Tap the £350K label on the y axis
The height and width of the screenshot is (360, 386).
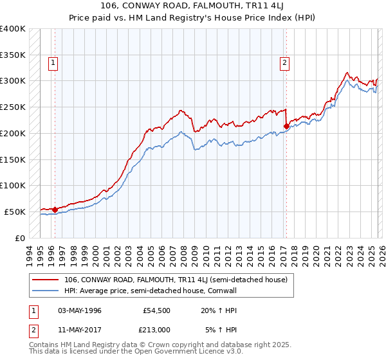tap(13, 55)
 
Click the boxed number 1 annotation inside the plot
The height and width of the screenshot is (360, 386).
tap(52, 63)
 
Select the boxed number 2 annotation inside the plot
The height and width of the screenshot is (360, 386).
tap(284, 63)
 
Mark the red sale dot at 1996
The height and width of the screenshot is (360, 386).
tap(55, 209)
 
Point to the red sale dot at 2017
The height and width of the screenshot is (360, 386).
tap(286, 127)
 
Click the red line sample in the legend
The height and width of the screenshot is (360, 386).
tap(46, 280)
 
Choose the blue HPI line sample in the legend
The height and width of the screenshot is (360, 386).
tap(46, 290)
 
